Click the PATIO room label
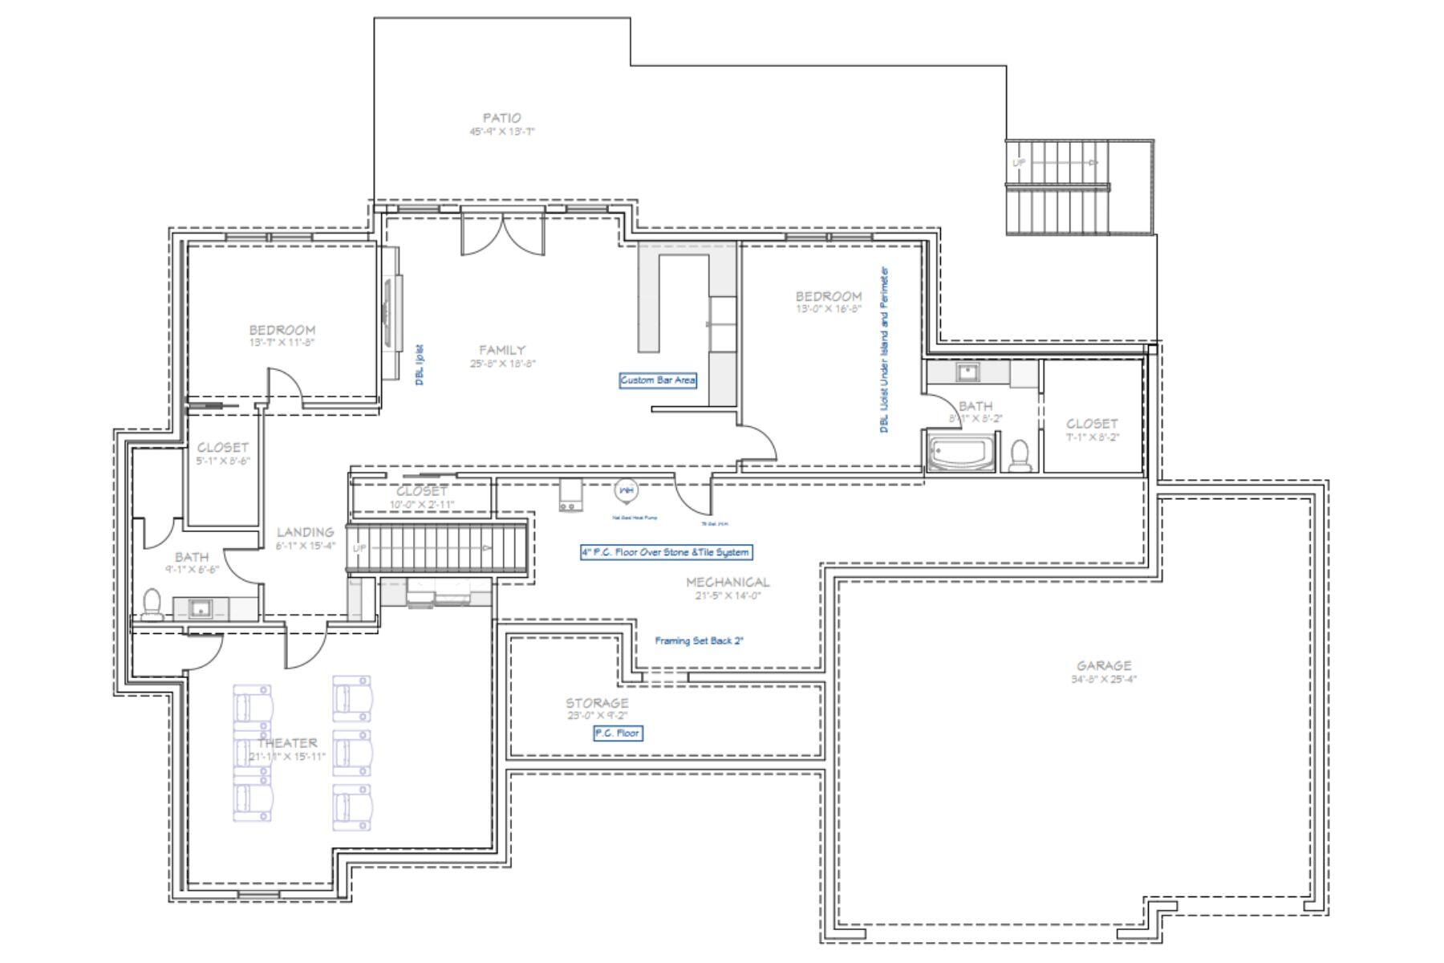tap(501, 118)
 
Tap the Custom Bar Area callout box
tap(658, 380)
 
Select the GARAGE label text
tap(1104, 665)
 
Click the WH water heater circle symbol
tap(626, 490)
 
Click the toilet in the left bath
tap(152, 604)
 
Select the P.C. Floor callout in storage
tap(617, 733)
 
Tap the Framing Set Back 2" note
tap(699, 640)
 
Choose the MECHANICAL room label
tap(727, 582)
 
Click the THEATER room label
tap(287, 743)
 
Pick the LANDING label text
tap(305, 532)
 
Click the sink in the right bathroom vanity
tap(967, 372)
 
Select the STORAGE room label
tap(597, 703)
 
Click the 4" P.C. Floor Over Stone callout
tap(666, 552)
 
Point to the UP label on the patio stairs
tap(1019, 163)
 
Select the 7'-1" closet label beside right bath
tap(1092, 424)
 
